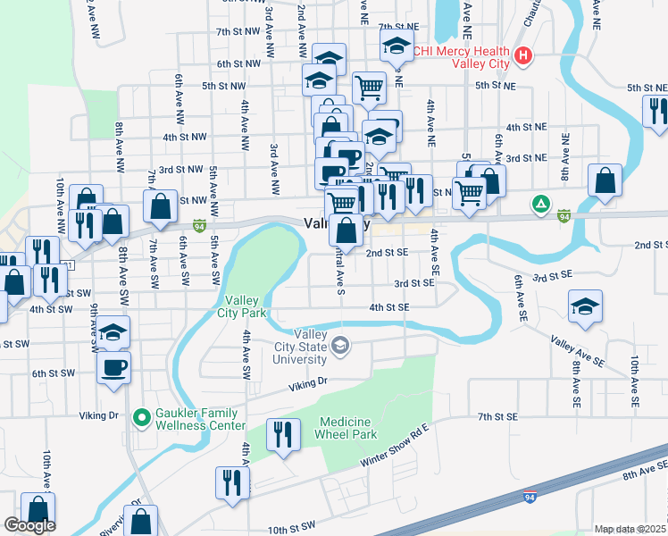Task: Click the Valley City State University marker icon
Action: click(x=340, y=346)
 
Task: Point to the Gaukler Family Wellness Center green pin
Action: click(x=140, y=417)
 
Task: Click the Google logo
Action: click(x=29, y=525)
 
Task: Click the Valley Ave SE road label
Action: click(x=578, y=352)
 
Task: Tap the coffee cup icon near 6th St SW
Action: click(x=113, y=367)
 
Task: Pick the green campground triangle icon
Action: click(x=539, y=204)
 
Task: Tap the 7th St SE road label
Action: click(x=497, y=417)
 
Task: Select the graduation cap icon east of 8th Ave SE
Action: click(x=584, y=308)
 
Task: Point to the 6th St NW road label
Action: click(x=237, y=64)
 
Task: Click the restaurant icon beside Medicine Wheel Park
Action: click(x=281, y=435)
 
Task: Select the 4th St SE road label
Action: click(x=389, y=307)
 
